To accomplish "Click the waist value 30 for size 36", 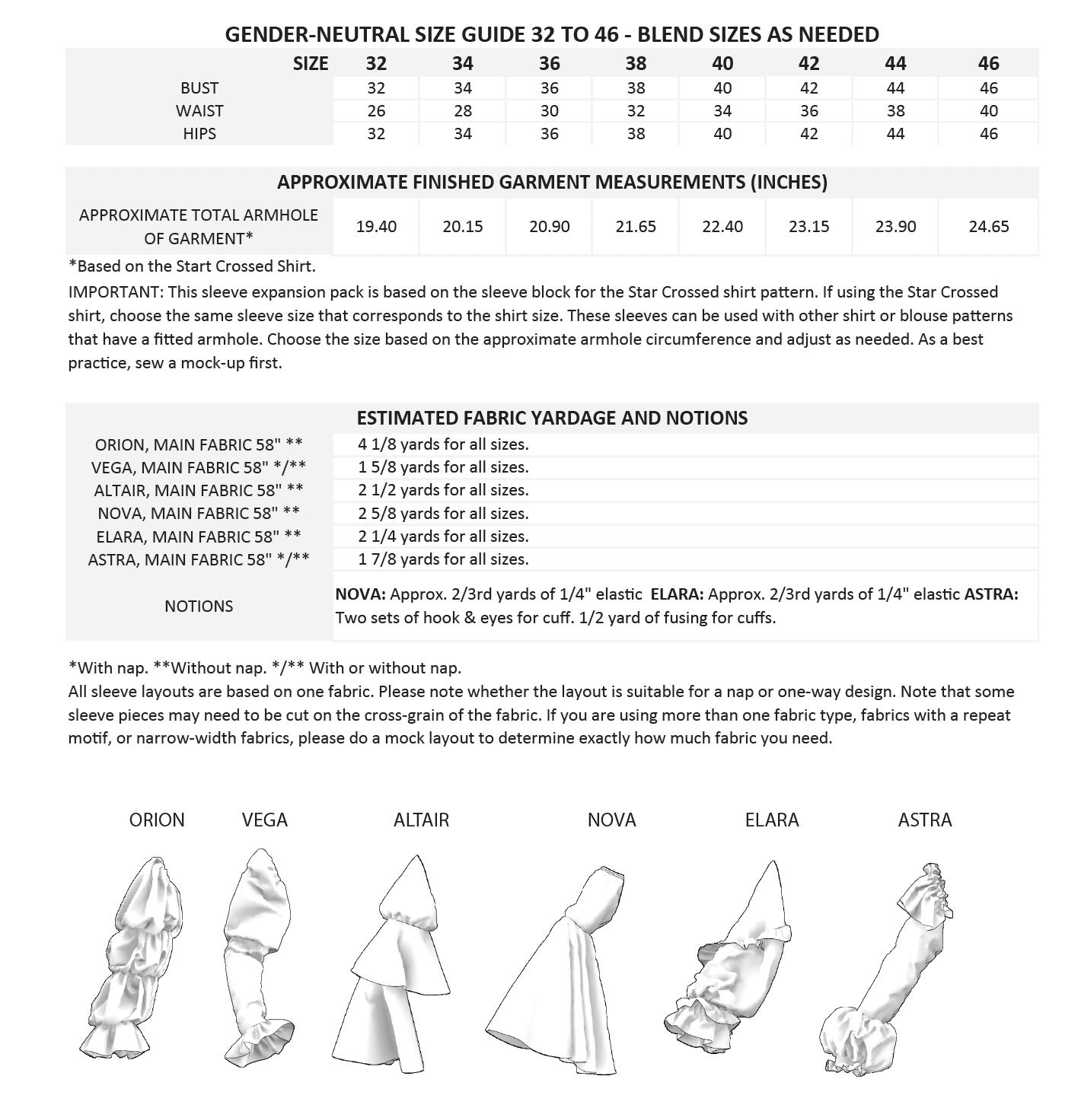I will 549,111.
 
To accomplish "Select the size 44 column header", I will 895,63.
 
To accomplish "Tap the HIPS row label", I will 199,134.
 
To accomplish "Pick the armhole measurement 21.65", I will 636,227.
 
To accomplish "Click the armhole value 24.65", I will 988,227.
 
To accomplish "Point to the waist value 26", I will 376,111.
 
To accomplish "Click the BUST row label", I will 199,88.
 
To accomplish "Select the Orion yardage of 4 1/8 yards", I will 443,444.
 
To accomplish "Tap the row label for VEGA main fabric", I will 199,467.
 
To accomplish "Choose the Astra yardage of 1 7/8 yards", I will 443,559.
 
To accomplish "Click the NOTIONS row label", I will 199,607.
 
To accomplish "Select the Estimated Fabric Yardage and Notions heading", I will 552,418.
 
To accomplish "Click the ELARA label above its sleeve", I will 771,820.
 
